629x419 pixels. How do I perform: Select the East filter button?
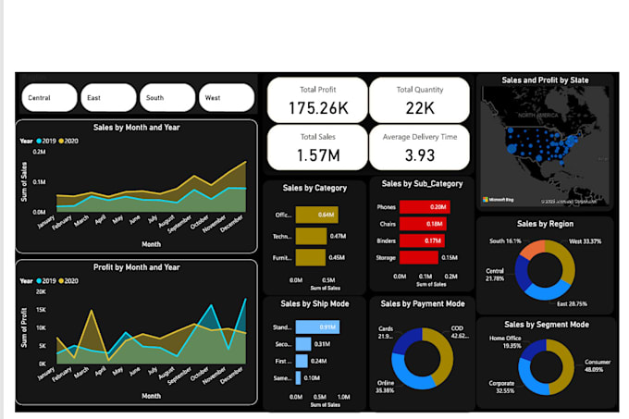(x=109, y=97)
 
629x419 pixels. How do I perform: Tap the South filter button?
(x=167, y=97)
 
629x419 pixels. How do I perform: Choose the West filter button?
(x=226, y=97)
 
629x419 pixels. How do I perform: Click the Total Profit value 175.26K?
(x=316, y=108)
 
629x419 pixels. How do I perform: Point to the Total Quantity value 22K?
(x=419, y=108)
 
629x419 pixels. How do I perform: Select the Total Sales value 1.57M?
(x=316, y=154)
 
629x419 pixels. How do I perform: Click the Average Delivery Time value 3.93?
(x=419, y=154)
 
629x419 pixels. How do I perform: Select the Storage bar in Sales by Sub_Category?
(x=422, y=257)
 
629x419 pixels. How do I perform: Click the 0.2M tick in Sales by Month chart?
(x=38, y=152)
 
